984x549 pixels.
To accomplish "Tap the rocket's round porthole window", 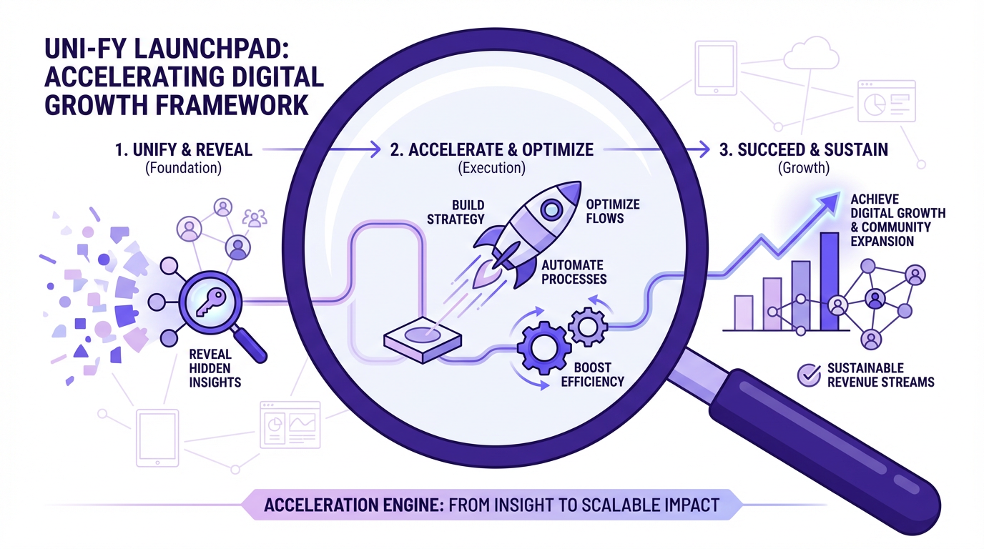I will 551,209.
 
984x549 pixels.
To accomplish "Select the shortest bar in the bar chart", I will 744,312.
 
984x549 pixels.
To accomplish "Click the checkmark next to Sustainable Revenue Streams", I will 808,375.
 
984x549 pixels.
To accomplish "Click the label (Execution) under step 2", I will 491,169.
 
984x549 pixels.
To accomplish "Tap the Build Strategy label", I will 456,212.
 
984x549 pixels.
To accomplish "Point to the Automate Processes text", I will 573,272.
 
